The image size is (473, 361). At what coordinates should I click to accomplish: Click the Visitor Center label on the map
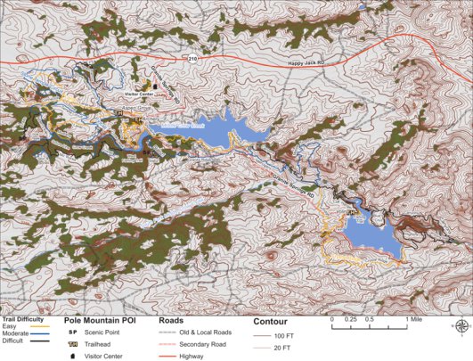(139, 93)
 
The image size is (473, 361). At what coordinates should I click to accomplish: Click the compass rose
(461, 327)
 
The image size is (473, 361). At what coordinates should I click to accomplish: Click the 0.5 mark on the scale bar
(370, 319)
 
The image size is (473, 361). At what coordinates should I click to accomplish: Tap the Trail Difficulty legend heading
(25, 319)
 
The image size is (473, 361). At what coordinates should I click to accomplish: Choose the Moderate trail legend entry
(18, 333)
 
